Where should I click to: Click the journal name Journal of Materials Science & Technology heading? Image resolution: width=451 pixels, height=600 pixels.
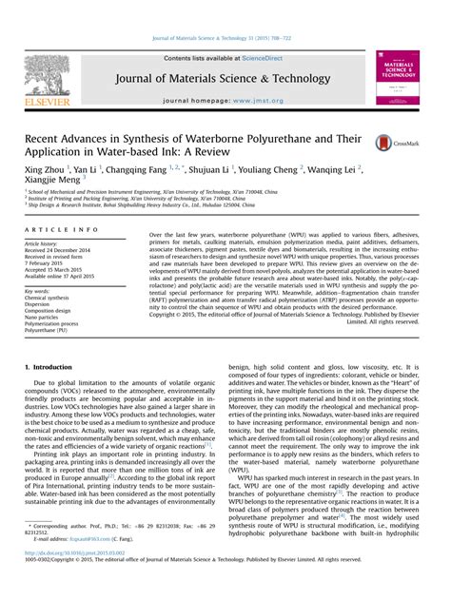[225, 79]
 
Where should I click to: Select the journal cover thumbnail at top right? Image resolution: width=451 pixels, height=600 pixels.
[399, 78]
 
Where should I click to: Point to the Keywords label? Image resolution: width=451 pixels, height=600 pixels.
[39, 291]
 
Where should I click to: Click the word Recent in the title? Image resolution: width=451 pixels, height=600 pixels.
[46, 139]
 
